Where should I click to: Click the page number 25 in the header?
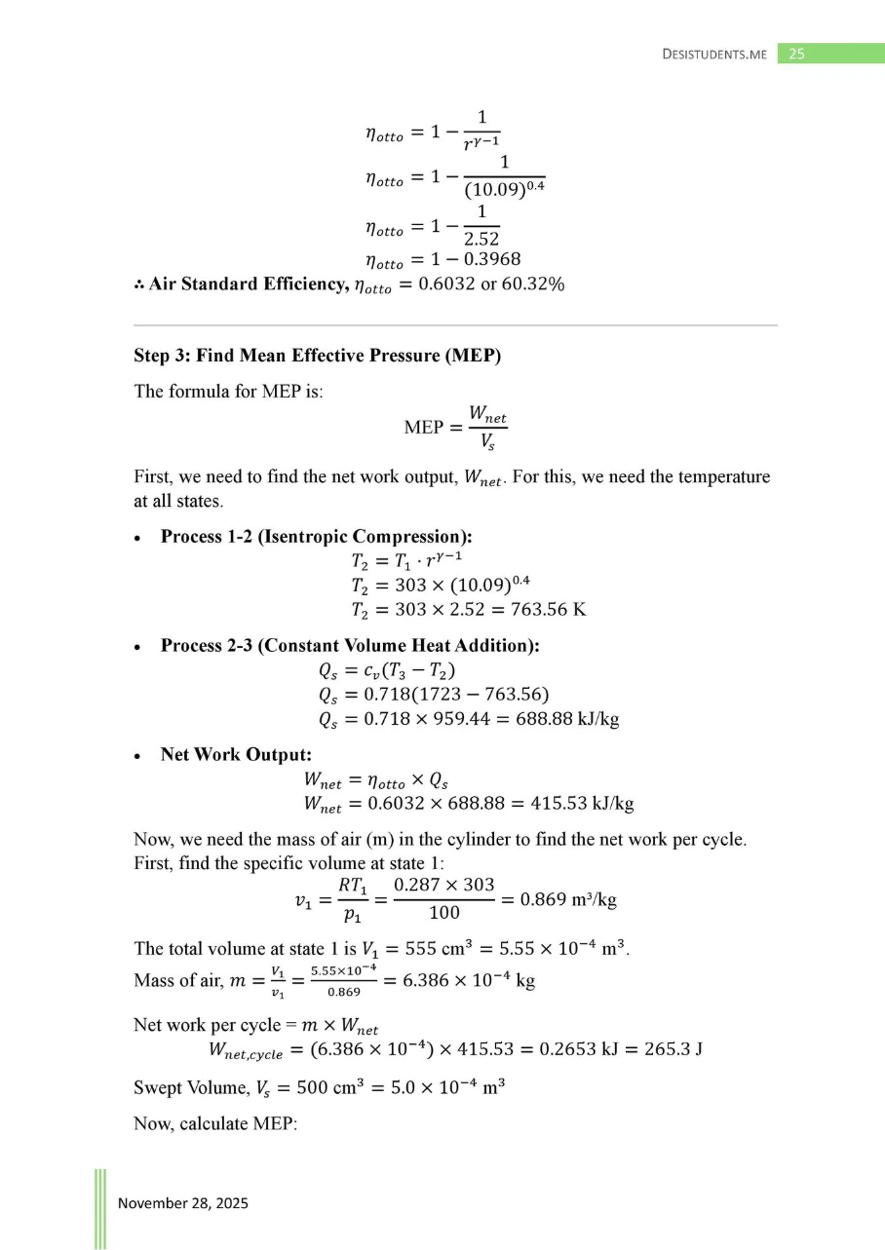(x=796, y=55)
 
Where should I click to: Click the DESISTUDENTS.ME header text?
(x=714, y=55)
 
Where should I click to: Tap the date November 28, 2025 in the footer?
(x=183, y=1203)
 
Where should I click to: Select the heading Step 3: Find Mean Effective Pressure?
(x=318, y=356)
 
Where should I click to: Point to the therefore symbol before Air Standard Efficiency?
(x=139, y=284)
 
